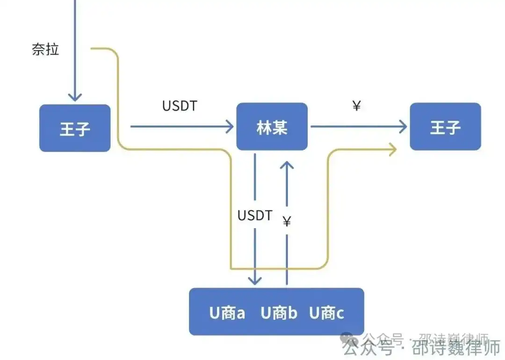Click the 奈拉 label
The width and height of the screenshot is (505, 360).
point(45,49)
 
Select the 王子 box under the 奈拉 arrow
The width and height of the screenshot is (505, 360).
point(75,128)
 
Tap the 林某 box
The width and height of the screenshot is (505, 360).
point(272,127)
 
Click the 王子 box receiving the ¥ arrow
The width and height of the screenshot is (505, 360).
point(445,127)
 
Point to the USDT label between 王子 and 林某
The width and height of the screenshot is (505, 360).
point(180,106)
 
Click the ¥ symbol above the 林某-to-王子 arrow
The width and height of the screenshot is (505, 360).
point(356,106)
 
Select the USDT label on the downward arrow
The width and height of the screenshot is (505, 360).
point(255,216)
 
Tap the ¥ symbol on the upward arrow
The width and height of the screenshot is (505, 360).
point(287,221)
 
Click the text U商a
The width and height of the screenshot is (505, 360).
point(227,313)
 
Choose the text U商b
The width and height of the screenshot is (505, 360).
point(279,313)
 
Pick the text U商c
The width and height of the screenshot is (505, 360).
point(326,313)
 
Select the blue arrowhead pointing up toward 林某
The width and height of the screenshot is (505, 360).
point(287,165)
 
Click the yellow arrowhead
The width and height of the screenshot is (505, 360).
point(392,149)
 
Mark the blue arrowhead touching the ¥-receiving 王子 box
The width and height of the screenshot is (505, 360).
point(403,126)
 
